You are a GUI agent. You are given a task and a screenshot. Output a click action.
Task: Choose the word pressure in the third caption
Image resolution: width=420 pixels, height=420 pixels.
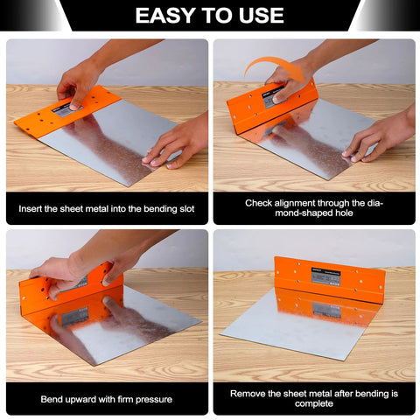pyautogui.click(x=152, y=400)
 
